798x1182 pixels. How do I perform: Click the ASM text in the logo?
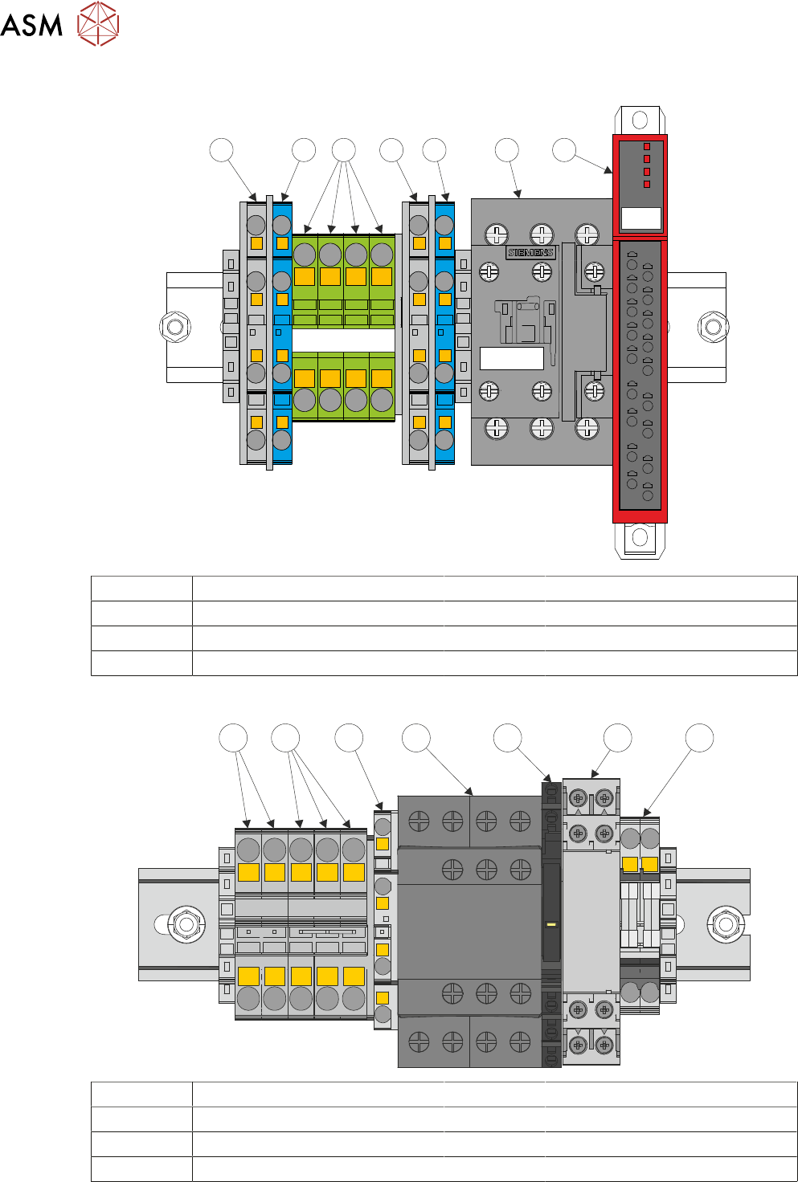pyautogui.click(x=31, y=25)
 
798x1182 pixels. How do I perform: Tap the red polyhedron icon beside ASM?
pyautogui.click(x=98, y=23)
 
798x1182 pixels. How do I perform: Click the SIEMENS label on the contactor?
pyautogui.click(x=530, y=252)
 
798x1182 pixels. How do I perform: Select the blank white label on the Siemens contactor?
pyautogui.click(x=511, y=358)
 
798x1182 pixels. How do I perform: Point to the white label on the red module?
pyautogui.click(x=641, y=218)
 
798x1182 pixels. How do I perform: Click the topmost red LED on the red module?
pyautogui.click(x=647, y=147)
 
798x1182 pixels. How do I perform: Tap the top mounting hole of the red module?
pyautogui.click(x=640, y=120)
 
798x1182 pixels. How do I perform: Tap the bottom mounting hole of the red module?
pyautogui.click(x=640, y=536)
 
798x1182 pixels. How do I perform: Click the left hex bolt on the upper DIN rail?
pyautogui.click(x=174, y=327)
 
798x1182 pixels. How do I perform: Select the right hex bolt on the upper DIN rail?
pyautogui.click(x=713, y=327)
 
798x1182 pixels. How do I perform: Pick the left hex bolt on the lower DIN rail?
pyautogui.click(x=186, y=924)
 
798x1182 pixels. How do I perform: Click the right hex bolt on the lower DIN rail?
pyautogui.click(x=726, y=924)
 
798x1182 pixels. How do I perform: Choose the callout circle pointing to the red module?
pyautogui.click(x=564, y=150)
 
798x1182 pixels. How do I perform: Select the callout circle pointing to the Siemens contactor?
pyautogui.click(x=506, y=150)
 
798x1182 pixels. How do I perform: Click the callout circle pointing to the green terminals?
pyautogui.click(x=343, y=150)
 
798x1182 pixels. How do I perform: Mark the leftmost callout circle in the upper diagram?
pyautogui.click(x=221, y=150)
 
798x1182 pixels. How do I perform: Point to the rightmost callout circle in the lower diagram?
pyautogui.click(x=699, y=738)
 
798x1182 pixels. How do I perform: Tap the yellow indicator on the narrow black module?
pyautogui.click(x=550, y=924)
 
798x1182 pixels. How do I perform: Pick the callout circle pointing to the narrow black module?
pyautogui.click(x=507, y=738)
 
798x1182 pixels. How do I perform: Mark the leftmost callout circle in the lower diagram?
pyautogui.click(x=234, y=738)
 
